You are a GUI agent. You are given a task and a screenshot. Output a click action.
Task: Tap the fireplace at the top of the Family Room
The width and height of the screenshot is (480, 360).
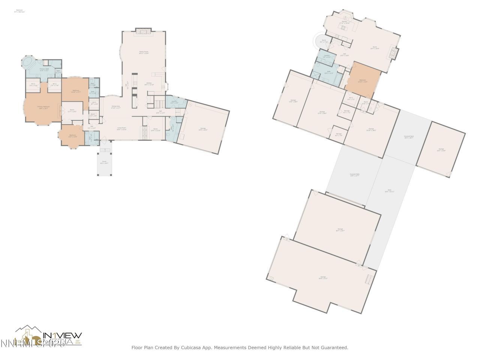pyautogui.click(x=143, y=31)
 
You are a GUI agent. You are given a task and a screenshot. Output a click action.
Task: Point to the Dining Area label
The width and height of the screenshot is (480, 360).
pyautogui.click(x=115, y=107)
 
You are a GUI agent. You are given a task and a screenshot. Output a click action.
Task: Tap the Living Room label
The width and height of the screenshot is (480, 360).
pyautogui.click(x=121, y=129)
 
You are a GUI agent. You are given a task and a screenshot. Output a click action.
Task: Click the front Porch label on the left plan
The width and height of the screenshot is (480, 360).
pyautogui.click(x=104, y=162)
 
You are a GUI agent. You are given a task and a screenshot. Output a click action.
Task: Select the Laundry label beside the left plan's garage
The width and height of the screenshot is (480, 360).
pyautogui.click(x=174, y=102)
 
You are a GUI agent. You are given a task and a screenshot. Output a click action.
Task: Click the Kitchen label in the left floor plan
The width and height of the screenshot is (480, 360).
pyautogui.click(x=149, y=84)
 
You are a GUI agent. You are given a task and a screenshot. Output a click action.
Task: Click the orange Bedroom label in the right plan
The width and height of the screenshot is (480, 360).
pyautogui.click(x=363, y=81)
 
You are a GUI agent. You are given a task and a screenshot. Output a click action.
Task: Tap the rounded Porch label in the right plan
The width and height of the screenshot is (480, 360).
pyautogui.click(x=324, y=42)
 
